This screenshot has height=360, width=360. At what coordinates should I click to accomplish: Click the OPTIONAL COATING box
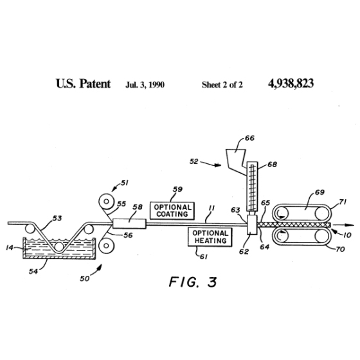click(x=172, y=211)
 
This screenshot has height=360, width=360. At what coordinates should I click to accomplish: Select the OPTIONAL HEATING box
click(x=210, y=237)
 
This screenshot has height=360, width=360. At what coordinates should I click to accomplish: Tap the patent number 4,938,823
click(x=291, y=84)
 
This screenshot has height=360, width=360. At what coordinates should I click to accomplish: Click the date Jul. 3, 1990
click(x=145, y=85)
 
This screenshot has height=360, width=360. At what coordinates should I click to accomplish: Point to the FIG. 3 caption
click(x=193, y=282)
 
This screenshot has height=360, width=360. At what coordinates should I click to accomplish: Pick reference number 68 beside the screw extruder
click(x=273, y=165)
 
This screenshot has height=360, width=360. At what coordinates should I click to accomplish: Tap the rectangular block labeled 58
click(x=129, y=224)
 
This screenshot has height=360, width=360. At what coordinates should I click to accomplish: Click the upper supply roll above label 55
click(x=106, y=202)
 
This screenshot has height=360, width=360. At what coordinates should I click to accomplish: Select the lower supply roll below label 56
click(x=106, y=246)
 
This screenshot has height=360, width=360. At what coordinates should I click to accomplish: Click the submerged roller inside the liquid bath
click(x=59, y=247)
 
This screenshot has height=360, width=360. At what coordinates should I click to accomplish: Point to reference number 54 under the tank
click(x=33, y=271)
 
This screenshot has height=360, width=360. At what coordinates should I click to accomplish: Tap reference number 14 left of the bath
click(x=10, y=248)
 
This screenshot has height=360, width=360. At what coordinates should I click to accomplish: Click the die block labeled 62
click(x=252, y=224)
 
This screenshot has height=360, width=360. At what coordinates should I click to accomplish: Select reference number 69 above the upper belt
click(x=319, y=192)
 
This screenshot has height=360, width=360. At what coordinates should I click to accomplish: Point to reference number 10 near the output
click(x=347, y=235)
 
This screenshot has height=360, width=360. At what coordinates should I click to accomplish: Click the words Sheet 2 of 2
click(x=222, y=85)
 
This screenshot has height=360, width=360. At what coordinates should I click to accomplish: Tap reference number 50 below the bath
click(x=84, y=278)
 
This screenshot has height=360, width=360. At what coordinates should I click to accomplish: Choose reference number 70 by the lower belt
click(x=340, y=249)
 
